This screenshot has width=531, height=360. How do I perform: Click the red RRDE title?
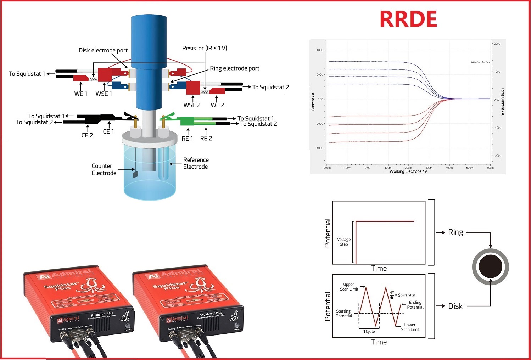pyautogui.click(x=408, y=19)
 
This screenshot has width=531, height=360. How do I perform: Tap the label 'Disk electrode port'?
pyautogui.click(x=103, y=50)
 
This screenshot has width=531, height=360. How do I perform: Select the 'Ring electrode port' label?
pyautogui.click(x=234, y=68)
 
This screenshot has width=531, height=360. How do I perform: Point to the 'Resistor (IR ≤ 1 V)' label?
pyautogui.click(x=205, y=48)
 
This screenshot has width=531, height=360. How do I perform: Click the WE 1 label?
pyautogui.click(x=80, y=94)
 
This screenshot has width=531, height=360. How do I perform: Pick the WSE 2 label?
pyautogui.click(x=192, y=105)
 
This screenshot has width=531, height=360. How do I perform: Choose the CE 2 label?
pyautogui.click(x=87, y=135)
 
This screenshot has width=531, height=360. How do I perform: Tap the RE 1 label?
pyautogui.click(x=187, y=139)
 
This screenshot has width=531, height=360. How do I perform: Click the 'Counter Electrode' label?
pyautogui.click(x=104, y=169)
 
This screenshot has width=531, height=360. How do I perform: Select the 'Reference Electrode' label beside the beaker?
pyautogui.click(x=196, y=163)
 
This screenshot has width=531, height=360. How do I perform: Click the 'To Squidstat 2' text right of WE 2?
pyautogui.click(x=270, y=87)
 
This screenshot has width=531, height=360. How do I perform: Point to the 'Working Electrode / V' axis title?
pyautogui.click(x=408, y=171)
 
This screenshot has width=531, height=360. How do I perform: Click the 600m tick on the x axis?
pyautogui.click(x=490, y=168)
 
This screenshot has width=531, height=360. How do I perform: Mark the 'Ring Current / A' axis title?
pyautogui.click(x=502, y=102)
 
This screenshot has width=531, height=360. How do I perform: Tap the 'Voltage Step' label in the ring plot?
pyautogui.click(x=343, y=242)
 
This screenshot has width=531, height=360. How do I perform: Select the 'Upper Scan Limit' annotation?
pyautogui.click(x=349, y=287)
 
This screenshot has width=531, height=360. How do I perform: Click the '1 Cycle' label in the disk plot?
pyautogui.click(x=369, y=332)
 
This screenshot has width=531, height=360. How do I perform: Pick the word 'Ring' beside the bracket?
pyautogui.click(x=455, y=232)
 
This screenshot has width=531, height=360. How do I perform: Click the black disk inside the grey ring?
pyautogui.click(x=490, y=267)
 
